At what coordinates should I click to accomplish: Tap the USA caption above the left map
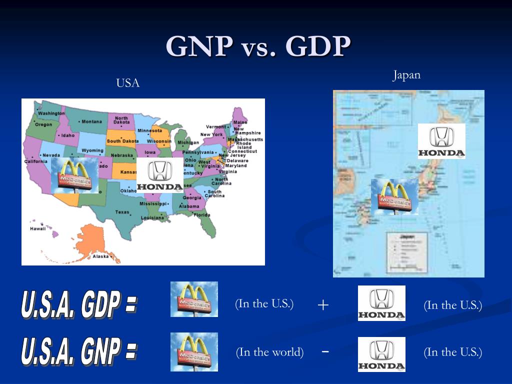point(128,83)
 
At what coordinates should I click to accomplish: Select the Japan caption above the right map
point(406,75)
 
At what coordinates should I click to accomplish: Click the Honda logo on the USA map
point(159,175)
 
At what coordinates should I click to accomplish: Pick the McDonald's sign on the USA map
point(74,175)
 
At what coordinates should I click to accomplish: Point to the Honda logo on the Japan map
point(441,141)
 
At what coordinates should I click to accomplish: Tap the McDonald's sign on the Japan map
point(394,197)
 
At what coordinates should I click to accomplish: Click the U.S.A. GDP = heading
point(78,303)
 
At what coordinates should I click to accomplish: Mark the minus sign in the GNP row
point(325,351)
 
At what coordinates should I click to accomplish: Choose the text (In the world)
point(270,352)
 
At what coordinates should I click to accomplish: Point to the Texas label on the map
point(122,212)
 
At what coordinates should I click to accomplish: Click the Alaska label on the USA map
point(100,256)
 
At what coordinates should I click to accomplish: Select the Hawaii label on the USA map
point(38,228)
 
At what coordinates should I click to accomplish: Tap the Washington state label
point(51,113)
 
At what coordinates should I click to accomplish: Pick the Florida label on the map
point(202,215)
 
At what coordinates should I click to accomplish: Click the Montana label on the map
point(91,121)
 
